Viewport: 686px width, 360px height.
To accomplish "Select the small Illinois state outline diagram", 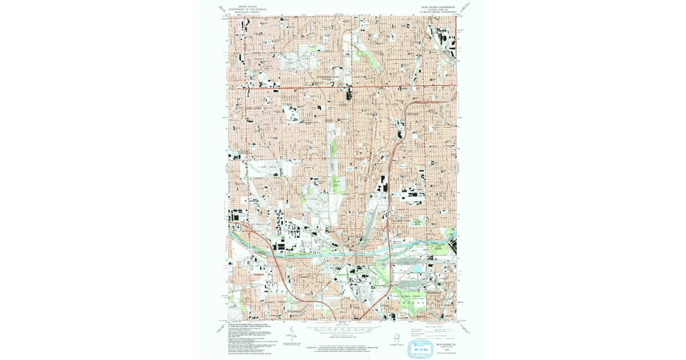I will tap(396, 335).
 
